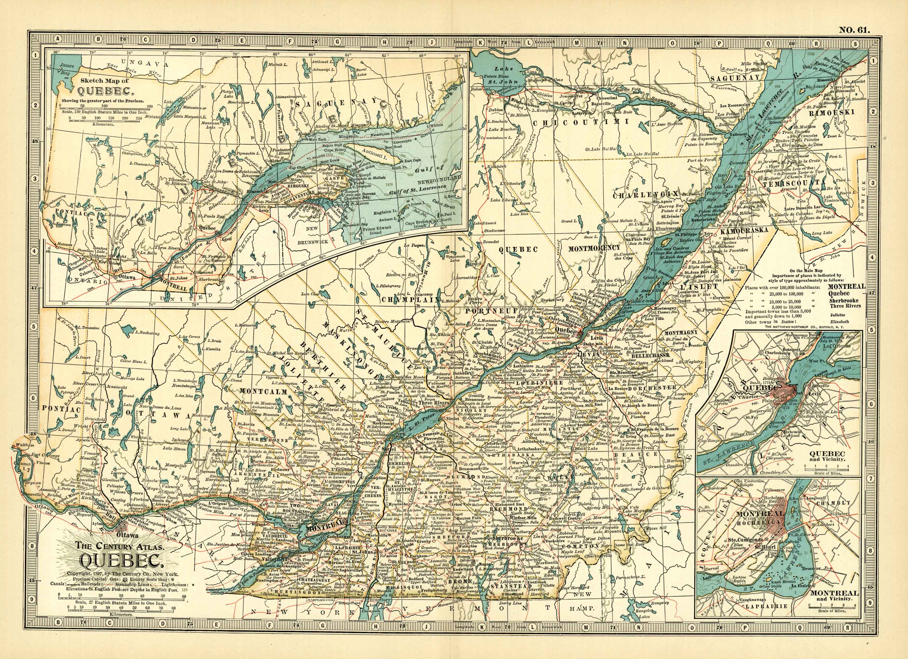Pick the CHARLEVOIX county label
click(646, 195)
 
